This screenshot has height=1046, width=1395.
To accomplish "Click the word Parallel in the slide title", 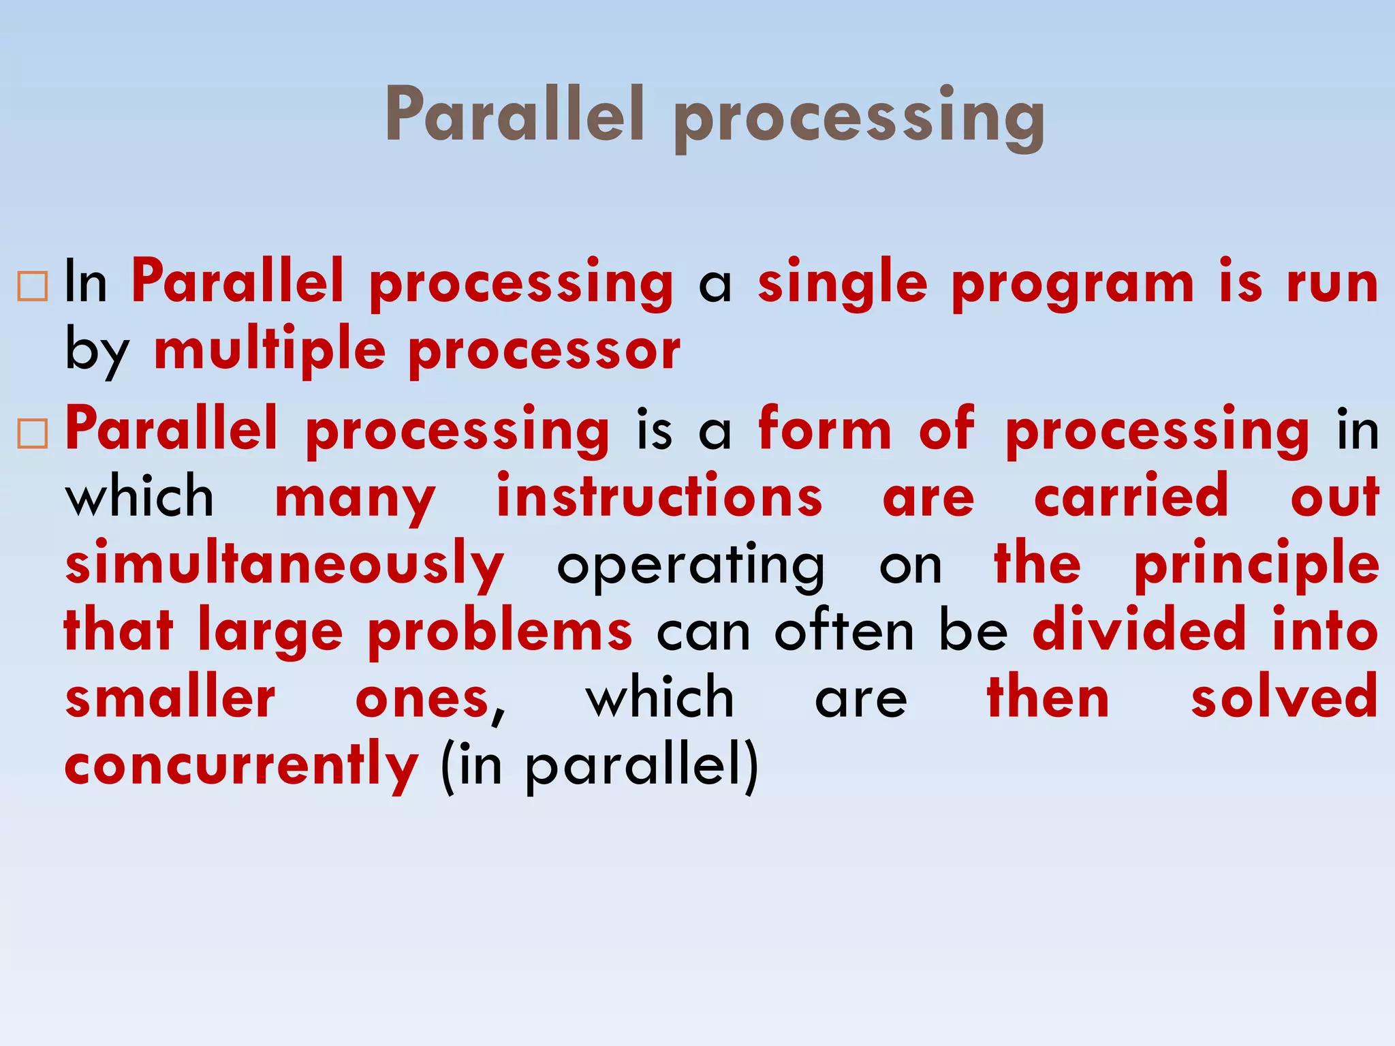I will tap(514, 116).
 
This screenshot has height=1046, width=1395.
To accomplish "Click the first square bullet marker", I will tap(33, 286).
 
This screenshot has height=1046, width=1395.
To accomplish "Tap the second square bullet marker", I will tap(33, 433).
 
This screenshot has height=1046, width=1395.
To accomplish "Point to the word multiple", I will tap(270, 352).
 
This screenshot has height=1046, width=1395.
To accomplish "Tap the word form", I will tap(824, 431).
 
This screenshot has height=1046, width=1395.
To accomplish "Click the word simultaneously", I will tap(285, 564).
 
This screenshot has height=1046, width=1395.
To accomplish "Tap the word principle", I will tap(1256, 564).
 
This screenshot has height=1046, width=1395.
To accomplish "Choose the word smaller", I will tap(170, 698).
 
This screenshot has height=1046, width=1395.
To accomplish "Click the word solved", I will tap(1284, 698).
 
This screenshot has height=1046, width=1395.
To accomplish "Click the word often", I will tap(844, 631).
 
